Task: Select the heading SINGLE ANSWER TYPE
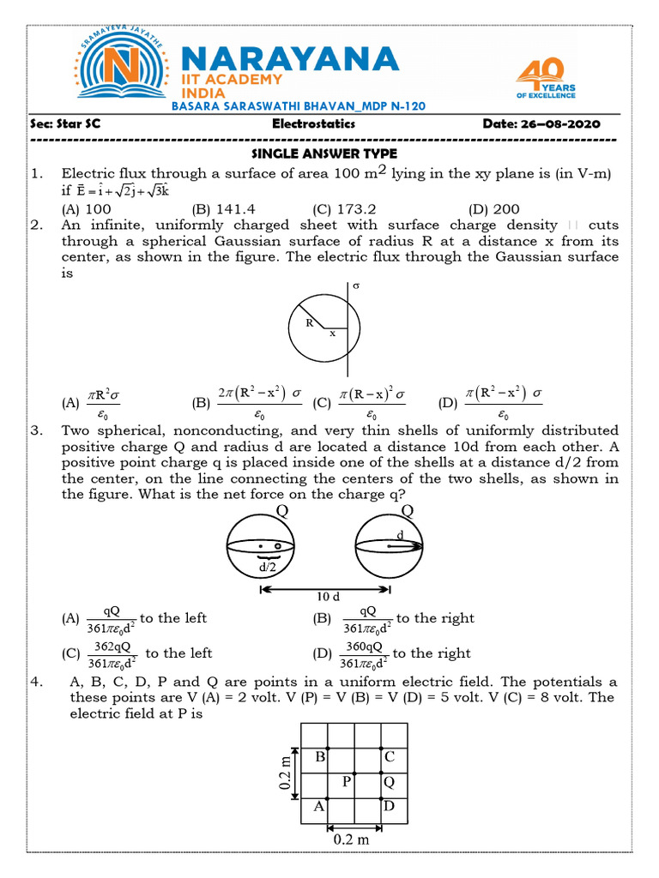click(323, 153)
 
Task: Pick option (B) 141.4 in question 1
click(224, 208)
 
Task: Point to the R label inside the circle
click(309, 323)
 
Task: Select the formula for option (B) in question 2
click(261, 401)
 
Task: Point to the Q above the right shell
click(407, 511)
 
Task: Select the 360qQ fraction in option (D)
click(365, 654)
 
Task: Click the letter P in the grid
click(347, 781)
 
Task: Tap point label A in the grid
click(318, 806)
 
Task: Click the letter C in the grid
click(389, 756)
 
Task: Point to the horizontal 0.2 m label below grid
click(352, 839)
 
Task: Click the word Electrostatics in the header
click(313, 124)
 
